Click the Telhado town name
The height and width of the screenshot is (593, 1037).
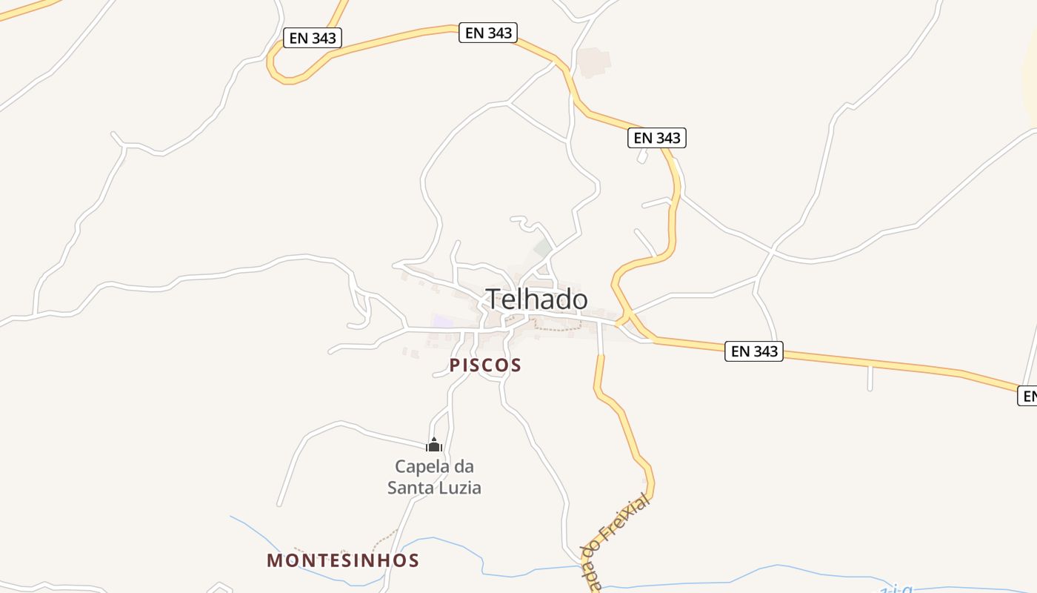pos(537,299)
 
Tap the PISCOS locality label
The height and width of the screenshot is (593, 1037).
pos(485,365)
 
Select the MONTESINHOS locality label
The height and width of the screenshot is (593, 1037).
pos(343,560)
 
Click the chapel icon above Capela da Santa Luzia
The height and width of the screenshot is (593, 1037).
pos(434,445)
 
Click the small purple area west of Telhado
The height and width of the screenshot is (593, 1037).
pos(443,321)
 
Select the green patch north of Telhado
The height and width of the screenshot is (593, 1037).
pos(543,247)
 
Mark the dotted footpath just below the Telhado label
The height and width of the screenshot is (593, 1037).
pos(557,327)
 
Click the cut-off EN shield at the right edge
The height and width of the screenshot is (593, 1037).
pos(1028,397)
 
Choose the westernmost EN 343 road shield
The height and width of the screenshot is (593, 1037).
pos(313,38)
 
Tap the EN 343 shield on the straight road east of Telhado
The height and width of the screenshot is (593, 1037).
pos(754,351)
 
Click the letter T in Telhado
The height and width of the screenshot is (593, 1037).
pos(494,299)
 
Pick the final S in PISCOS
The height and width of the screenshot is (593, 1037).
pos(515,365)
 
